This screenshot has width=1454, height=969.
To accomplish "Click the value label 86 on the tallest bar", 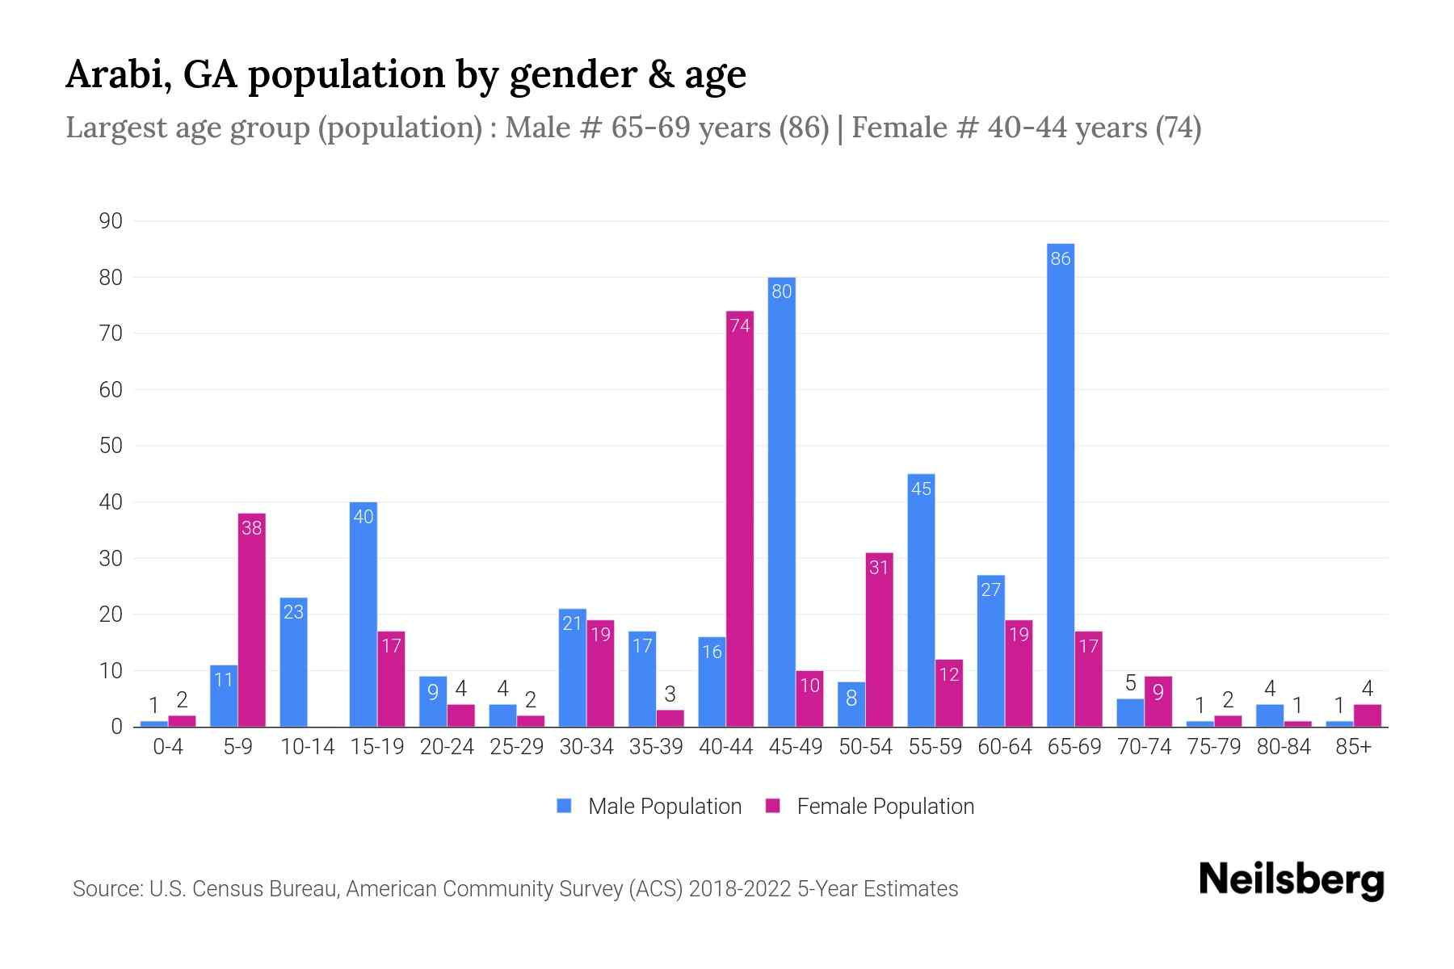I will (1060, 258).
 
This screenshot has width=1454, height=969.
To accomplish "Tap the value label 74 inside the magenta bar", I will (740, 325).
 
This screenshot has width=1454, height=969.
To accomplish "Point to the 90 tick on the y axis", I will (111, 221).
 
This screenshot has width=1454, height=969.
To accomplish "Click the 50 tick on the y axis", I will (111, 446).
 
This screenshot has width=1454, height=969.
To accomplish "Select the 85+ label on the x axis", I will (1353, 747).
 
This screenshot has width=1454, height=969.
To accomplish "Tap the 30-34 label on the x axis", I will (586, 747).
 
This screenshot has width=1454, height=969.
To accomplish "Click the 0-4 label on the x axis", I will (168, 747).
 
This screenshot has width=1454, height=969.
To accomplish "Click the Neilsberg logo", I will (1291, 879).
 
